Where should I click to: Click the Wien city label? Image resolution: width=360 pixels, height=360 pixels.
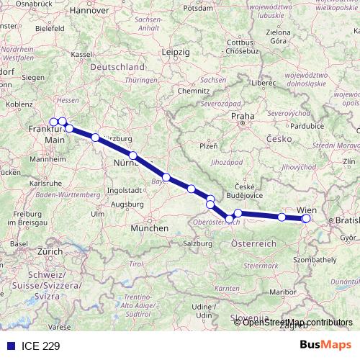click(305, 210)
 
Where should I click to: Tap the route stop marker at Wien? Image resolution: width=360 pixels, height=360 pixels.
click(306, 218)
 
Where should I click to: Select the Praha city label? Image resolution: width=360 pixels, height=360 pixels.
click(240, 115)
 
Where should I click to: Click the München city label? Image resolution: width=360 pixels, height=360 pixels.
click(150, 228)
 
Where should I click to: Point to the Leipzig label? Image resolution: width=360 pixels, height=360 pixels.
click(176, 53)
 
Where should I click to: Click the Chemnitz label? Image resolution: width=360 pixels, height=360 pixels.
click(194, 92)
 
